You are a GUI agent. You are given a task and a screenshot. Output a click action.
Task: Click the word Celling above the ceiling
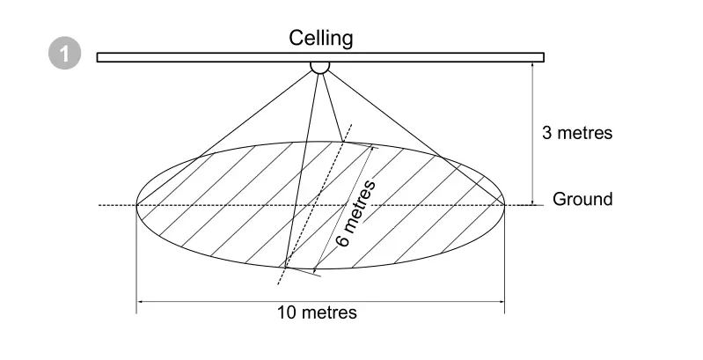(x=321, y=38)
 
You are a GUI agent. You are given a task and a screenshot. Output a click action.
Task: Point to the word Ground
(x=582, y=199)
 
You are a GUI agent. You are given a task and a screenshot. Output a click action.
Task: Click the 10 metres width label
(x=318, y=312)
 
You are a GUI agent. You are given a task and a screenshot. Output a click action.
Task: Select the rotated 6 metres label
(x=356, y=213)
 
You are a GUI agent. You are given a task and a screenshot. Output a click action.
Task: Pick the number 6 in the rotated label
(x=343, y=239)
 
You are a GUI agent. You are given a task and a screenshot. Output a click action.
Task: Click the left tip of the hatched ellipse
(x=136, y=205)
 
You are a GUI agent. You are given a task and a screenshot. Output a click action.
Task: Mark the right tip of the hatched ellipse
(x=504, y=204)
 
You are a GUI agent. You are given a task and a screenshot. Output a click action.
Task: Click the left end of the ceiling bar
(x=99, y=57)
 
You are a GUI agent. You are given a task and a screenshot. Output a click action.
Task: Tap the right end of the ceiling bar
(x=542, y=57)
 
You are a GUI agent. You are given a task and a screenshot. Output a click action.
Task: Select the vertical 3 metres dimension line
(x=532, y=132)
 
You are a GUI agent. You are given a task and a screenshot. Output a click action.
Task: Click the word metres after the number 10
(x=329, y=312)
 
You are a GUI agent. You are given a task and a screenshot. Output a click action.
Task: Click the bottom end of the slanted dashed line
(x=279, y=283)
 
